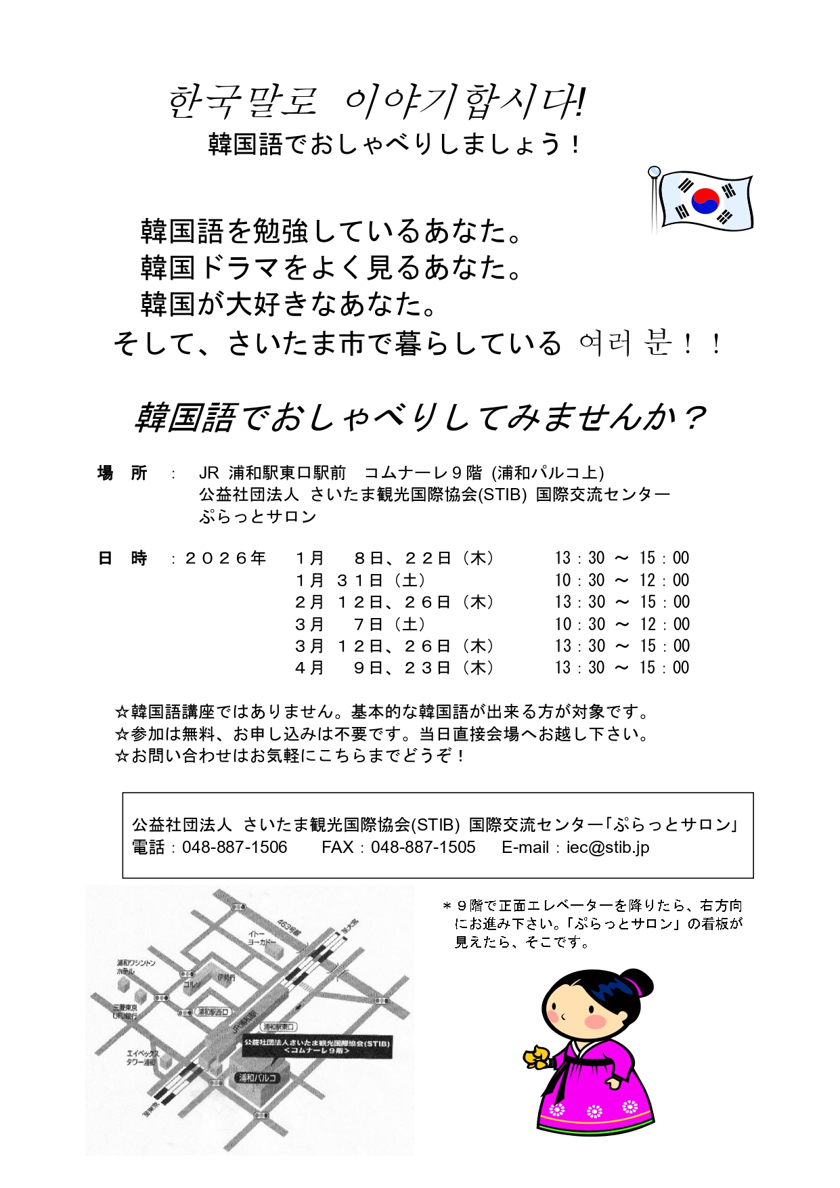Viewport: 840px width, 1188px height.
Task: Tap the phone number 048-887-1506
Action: point(234,848)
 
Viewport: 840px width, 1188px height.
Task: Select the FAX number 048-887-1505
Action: point(423,848)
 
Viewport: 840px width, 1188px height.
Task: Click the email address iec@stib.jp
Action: point(608,848)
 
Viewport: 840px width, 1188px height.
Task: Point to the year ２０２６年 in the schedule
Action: point(225,558)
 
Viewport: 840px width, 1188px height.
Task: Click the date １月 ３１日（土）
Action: point(360,581)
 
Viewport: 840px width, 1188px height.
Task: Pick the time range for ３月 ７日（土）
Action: point(621,624)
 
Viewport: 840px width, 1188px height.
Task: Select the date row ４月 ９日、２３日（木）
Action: point(395,668)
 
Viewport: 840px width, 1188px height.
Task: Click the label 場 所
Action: point(123,473)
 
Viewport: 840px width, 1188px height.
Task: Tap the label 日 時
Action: point(123,558)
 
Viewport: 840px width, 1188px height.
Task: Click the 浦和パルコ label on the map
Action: point(257,1077)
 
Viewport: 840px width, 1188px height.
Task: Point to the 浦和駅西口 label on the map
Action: point(213,1011)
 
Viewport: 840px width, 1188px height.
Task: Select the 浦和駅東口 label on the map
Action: point(278,1027)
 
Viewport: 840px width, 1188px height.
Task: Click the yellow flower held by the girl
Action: point(537,1057)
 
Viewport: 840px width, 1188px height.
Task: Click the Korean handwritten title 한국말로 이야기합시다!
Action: point(376,102)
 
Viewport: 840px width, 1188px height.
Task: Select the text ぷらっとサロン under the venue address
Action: point(258,517)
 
